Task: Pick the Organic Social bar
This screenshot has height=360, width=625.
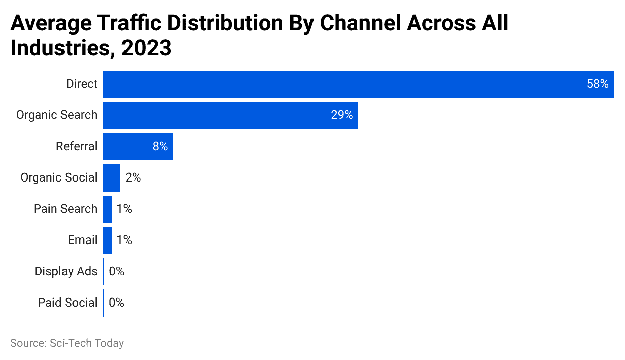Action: pos(111,178)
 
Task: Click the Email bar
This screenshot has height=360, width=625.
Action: pos(107,241)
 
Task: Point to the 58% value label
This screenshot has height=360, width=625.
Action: pos(597,84)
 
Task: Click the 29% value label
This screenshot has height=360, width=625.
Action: pos(342,115)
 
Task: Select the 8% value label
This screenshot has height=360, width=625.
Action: pos(160,147)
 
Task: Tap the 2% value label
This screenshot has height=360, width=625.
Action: pos(133,178)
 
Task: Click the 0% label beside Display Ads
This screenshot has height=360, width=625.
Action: pos(116,272)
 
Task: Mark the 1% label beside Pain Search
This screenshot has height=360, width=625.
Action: pos(124,209)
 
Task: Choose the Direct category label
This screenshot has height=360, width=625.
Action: pos(82,84)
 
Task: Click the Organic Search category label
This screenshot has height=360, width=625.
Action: pos(56,115)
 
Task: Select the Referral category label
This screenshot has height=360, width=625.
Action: pos(77,147)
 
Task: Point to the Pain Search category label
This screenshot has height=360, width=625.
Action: pos(66,209)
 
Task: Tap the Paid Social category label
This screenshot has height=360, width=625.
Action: pos(68,303)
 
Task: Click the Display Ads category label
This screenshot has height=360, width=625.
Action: pos(66,272)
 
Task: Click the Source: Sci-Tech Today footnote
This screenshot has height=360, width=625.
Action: pos(67,343)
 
